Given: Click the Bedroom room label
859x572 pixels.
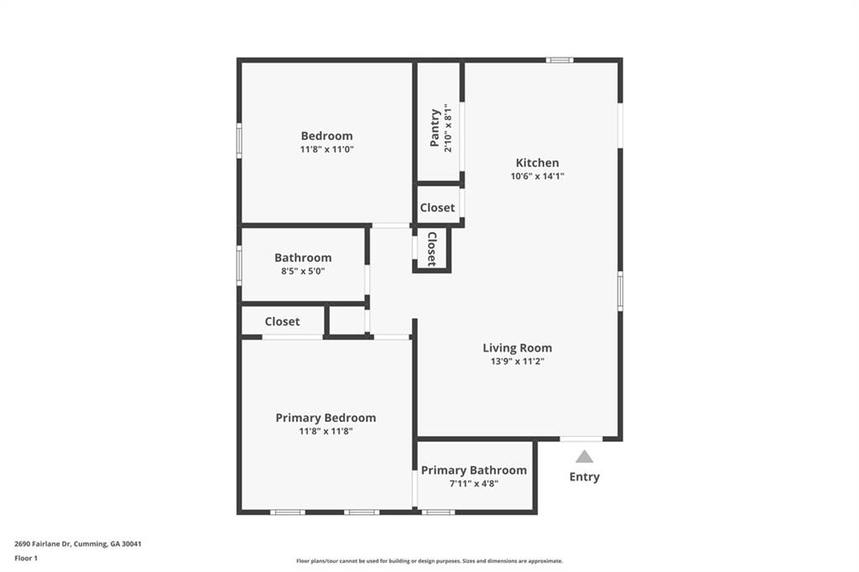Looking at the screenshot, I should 326,136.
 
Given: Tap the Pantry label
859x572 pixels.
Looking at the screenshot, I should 435,127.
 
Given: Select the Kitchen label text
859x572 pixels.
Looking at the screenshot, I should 537,163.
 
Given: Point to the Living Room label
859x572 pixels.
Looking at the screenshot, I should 517,348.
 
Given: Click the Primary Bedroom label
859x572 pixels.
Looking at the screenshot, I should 325,418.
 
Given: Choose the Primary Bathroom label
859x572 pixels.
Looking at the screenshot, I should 474,471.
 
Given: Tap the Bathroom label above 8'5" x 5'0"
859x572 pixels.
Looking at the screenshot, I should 303,257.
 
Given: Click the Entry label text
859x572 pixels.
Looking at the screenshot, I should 585,477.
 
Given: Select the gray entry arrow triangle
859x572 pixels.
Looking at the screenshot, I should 585,457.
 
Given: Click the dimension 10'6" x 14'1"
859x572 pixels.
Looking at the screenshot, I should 537,176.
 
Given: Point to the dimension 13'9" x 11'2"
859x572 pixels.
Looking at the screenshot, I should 517,361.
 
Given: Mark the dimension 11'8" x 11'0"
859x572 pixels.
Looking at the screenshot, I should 326,149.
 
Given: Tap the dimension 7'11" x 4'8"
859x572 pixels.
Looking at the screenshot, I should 474,483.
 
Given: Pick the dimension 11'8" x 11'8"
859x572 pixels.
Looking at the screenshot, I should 325,431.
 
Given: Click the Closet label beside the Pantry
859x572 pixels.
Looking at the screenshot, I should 437,207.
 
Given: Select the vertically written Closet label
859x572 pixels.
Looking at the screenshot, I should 431,249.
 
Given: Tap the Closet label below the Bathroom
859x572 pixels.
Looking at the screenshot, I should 282,321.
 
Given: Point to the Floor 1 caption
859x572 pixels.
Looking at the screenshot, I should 26,557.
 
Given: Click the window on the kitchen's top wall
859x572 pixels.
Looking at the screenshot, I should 560,60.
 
